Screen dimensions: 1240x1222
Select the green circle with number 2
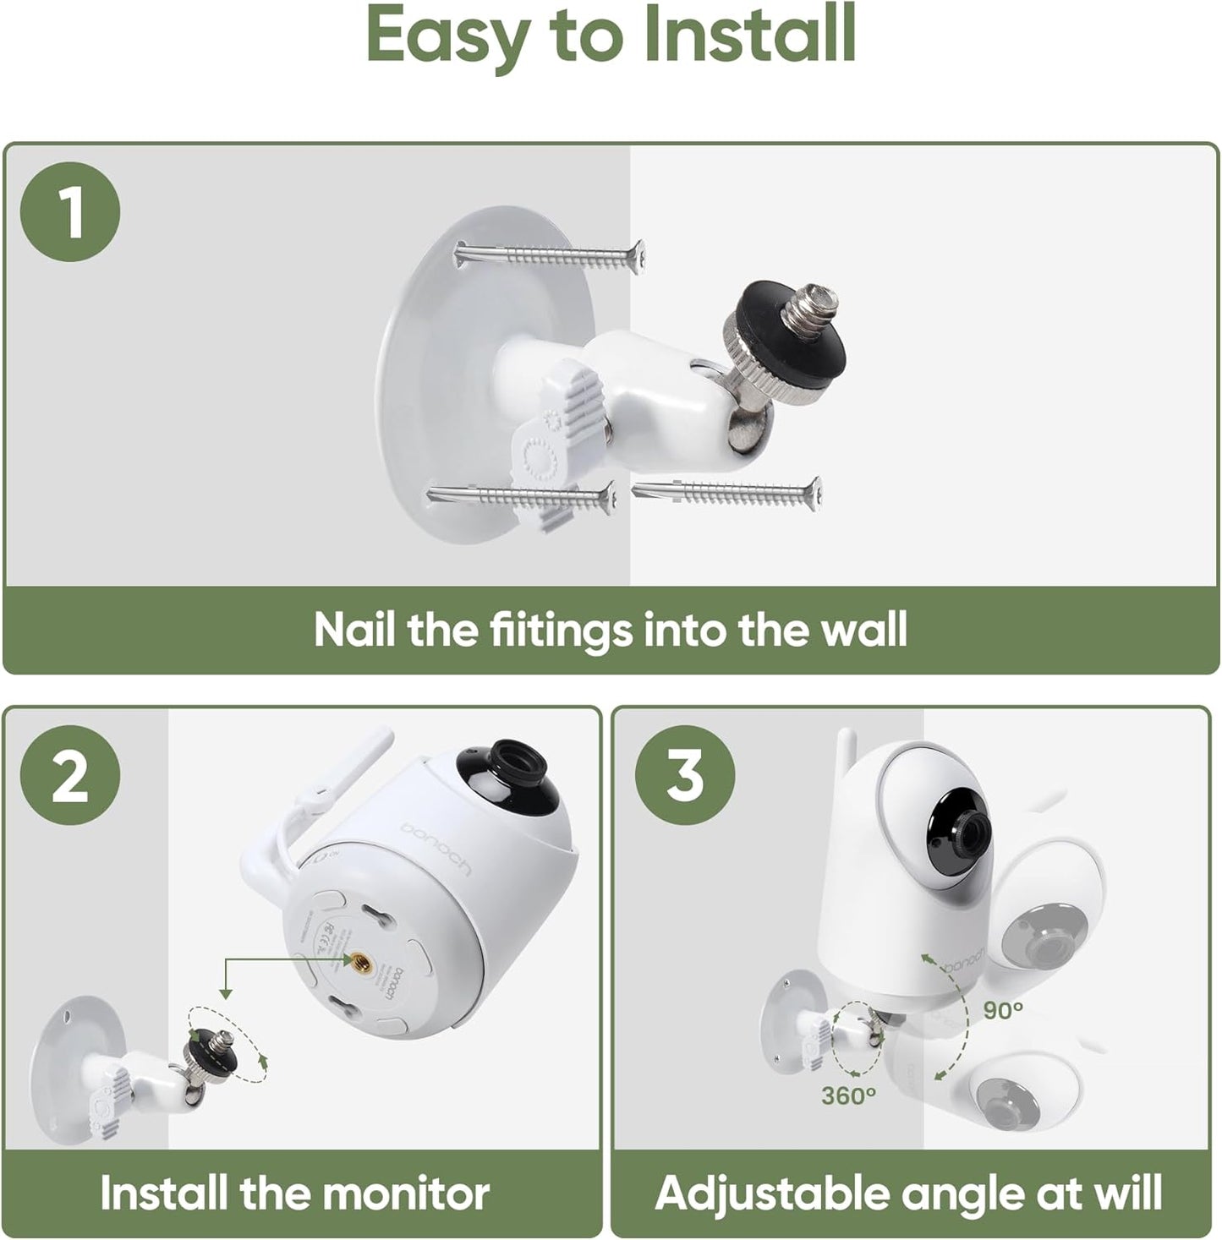tap(70, 776)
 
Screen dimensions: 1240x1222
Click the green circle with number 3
tap(685, 776)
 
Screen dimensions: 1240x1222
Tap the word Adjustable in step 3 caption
tap(770, 1193)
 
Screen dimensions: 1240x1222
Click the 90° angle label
tap(1003, 1009)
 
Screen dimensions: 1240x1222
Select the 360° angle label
tap(848, 1095)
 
